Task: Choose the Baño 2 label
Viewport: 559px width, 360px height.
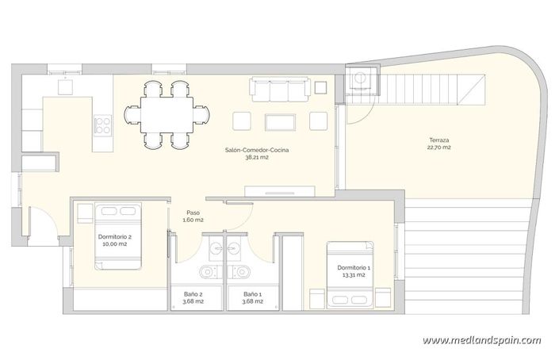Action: point(188,293)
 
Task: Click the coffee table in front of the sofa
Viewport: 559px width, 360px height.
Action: point(280,121)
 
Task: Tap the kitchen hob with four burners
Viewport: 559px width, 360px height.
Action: point(103,124)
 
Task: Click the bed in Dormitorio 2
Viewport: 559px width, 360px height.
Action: point(119,236)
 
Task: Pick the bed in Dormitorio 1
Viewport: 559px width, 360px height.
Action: point(350,275)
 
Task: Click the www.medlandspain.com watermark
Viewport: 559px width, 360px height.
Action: point(482,340)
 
